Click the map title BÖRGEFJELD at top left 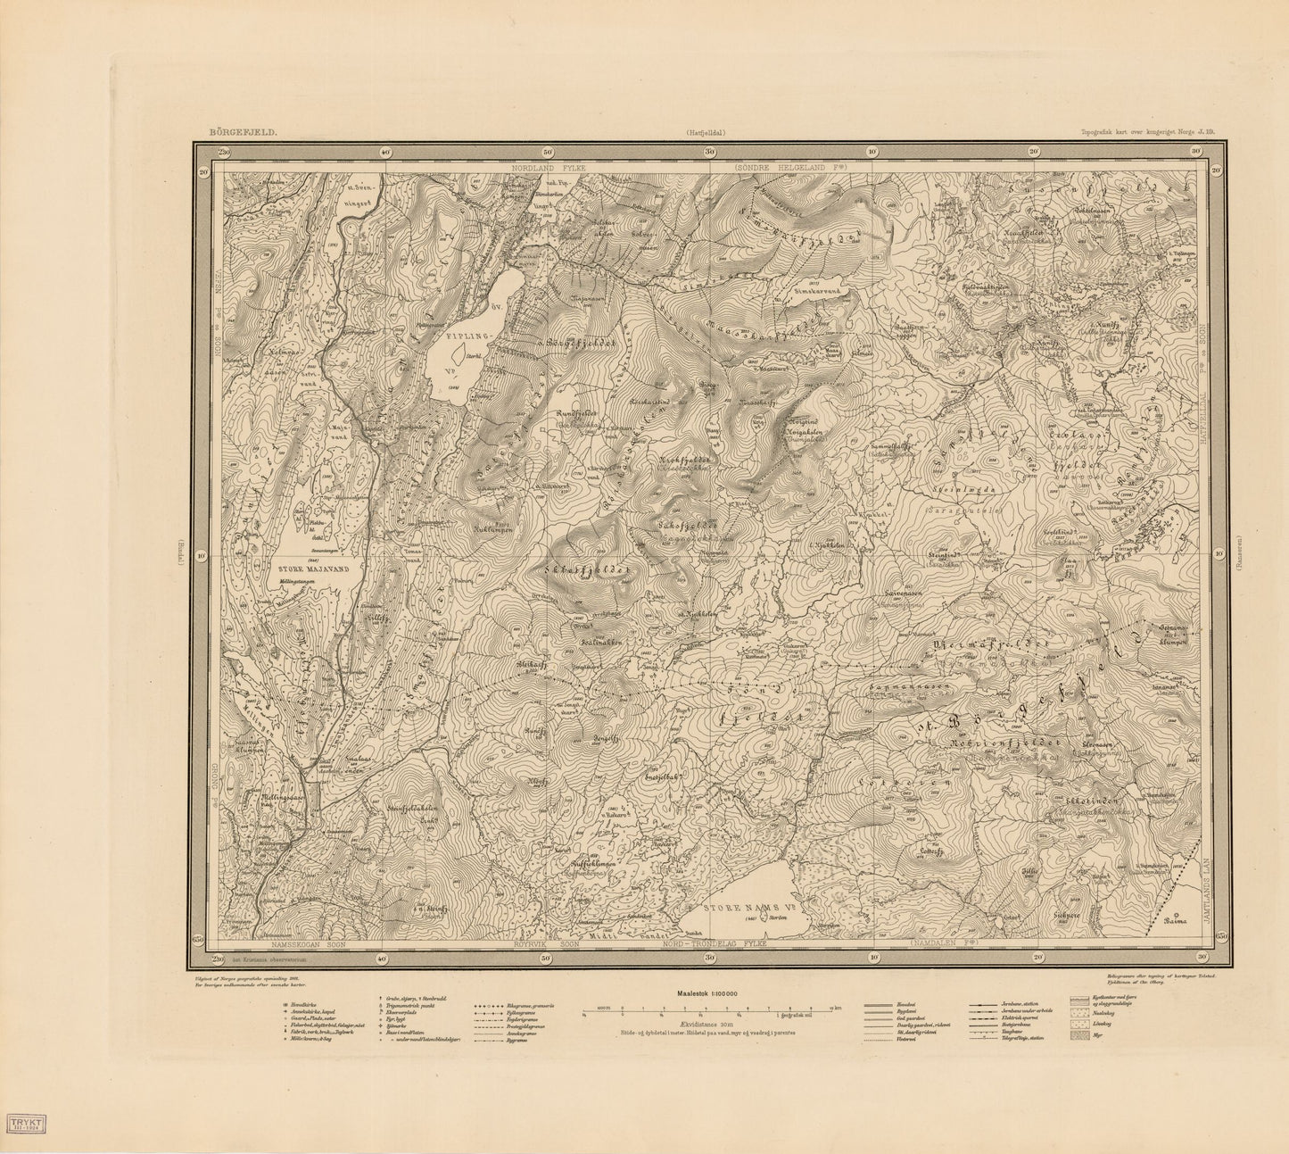[x=243, y=131]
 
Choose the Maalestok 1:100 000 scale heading [x=710, y=992]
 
